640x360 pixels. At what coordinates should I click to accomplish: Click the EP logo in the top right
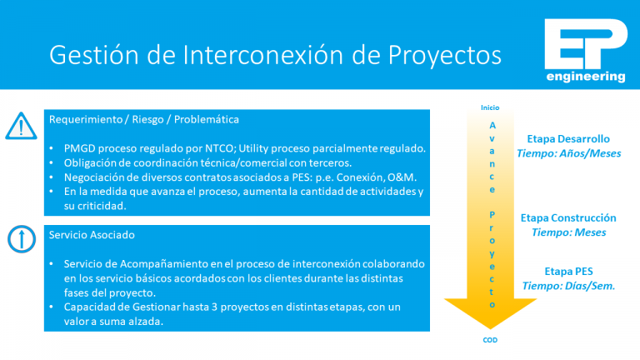point(584,44)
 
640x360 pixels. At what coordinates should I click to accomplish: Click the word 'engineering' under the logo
point(585,77)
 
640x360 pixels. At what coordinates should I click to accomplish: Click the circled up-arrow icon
point(18,240)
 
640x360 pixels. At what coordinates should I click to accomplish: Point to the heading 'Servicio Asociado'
point(92,236)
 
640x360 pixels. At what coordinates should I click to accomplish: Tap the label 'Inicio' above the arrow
point(490,107)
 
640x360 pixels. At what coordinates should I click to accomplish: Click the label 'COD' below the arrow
point(491,340)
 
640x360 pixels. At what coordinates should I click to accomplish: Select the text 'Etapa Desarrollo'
point(568,139)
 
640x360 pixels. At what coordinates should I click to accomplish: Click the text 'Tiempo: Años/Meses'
point(568,153)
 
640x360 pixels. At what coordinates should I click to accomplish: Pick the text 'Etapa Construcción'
point(568,217)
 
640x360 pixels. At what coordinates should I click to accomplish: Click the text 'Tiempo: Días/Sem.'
point(568,285)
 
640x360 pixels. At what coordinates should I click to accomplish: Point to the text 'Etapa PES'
point(568,271)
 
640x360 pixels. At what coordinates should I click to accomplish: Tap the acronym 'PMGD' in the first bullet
point(82,148)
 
